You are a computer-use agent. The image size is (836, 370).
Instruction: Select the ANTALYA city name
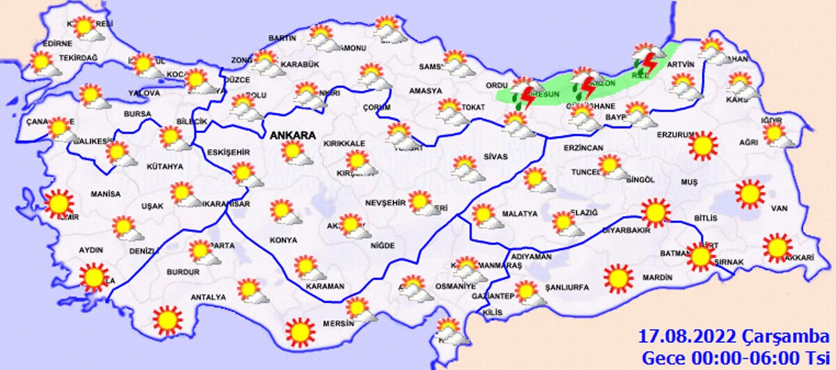(208, 298)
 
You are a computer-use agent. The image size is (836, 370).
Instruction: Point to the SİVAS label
(497, 157)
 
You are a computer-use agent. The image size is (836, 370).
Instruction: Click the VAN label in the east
(778, 208)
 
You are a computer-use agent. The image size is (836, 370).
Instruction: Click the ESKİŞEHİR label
(227, 153)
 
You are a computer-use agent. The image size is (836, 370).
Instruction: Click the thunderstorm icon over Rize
(647, 61)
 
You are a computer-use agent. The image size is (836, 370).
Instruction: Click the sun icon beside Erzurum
(702, 145)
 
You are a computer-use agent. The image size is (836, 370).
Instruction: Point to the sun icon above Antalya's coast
(167, 320)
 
